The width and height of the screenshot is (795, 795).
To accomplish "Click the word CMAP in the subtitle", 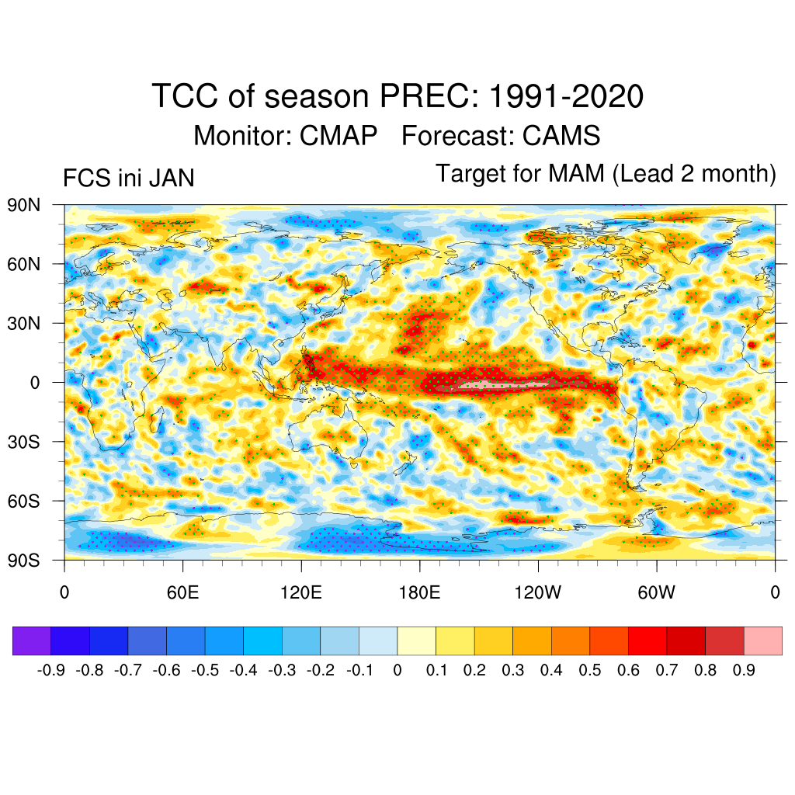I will [335, 136].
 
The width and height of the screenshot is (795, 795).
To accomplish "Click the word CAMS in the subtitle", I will [561, 136].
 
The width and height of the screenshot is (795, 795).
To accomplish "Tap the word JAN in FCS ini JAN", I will [171, 179].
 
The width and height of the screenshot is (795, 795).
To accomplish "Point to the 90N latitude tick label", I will [23, 205].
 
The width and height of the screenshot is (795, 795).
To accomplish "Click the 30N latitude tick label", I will [23, 323].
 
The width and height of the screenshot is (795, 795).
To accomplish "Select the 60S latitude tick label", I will [23, 501].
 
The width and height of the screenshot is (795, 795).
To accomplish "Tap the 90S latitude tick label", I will [23, 560].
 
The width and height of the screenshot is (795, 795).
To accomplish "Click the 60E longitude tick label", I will [182, 594].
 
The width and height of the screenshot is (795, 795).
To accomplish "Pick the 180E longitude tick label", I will [419, 594].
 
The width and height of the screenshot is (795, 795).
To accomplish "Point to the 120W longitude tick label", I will [538, 594].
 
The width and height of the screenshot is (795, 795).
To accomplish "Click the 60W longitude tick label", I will [656, 594].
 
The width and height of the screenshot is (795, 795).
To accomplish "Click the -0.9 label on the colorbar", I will [51, 670].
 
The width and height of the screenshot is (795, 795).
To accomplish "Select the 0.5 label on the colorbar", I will [590, 670].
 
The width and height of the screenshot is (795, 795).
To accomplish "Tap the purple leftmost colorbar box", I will [32, 641].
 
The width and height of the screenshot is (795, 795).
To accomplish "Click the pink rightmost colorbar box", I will [763, 641].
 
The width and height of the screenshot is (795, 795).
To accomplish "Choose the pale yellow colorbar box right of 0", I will [417, 641].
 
